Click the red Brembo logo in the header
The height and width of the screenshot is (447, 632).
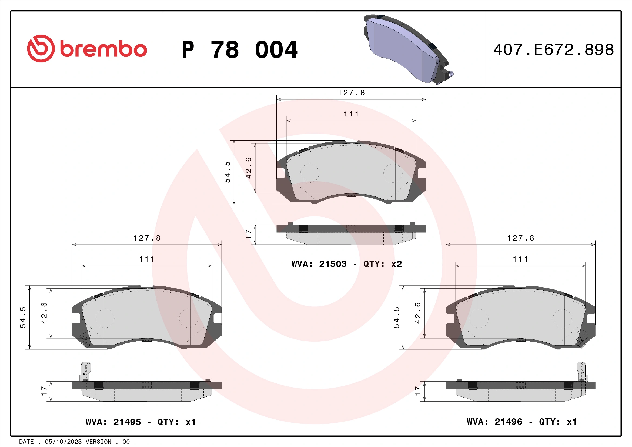tap(87, 49)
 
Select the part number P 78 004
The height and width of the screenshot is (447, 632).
tap(239, 50)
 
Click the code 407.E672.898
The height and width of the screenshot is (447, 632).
tap(553, 50)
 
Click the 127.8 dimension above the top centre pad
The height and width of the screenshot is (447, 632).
tap(351, 93)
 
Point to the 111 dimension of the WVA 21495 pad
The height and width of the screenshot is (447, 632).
tap(147, 259)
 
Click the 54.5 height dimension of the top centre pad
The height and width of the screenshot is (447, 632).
tap(227, 172)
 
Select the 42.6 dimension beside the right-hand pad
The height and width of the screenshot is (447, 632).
tap(417, 313)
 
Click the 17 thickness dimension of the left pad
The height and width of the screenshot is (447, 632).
tap(44, 391)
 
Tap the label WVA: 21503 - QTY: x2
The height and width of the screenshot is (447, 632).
tap(347, 264)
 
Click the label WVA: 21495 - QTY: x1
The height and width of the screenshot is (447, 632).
tap(141, 422)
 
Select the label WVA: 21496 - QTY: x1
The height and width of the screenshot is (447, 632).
tap(521, 422)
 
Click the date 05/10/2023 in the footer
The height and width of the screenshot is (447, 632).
tap(63, 442)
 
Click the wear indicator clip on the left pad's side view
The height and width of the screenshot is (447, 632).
tap(86, 372)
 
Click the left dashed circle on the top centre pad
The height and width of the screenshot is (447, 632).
tap(310, 173)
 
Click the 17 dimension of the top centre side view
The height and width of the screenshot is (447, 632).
tap(248, 234)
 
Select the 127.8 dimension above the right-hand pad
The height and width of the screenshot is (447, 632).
tap(520, 238)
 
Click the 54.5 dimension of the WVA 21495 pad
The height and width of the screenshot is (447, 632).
tap(23, 317)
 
